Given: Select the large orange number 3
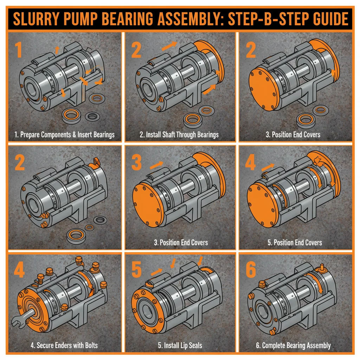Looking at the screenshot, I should point(136,161).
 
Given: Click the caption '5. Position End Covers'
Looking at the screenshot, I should point(293,243).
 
